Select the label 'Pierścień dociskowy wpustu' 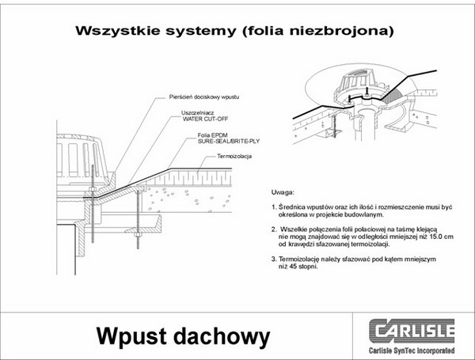204,97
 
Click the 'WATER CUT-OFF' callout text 205,119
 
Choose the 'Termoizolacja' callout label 234,156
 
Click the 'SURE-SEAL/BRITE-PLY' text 229,141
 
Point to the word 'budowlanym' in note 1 365,214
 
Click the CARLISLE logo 412,331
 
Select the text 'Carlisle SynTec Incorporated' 412,351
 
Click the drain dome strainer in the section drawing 82,160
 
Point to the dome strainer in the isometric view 360,81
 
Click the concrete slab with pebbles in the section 187,199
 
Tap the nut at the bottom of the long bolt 138,235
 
